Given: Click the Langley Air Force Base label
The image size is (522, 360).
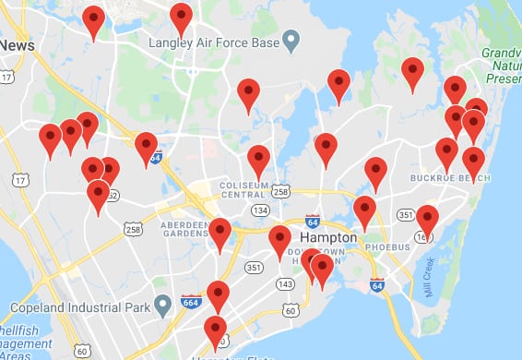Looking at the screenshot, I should pos(214,42).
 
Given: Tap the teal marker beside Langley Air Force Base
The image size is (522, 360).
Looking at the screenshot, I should pos(292,41).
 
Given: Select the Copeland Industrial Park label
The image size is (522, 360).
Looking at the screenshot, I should pos(80,303).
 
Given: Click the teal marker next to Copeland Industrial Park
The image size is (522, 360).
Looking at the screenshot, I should pos(163,303).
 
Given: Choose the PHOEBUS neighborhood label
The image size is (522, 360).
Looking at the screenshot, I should pos(387,247).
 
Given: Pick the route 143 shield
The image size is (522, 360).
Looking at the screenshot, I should pos(285,282).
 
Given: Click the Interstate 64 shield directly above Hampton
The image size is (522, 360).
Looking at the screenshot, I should pos(313,222).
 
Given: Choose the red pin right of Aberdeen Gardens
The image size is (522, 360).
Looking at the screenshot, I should pos(219,234).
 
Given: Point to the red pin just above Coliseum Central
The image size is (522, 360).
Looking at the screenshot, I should pos(259,161).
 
